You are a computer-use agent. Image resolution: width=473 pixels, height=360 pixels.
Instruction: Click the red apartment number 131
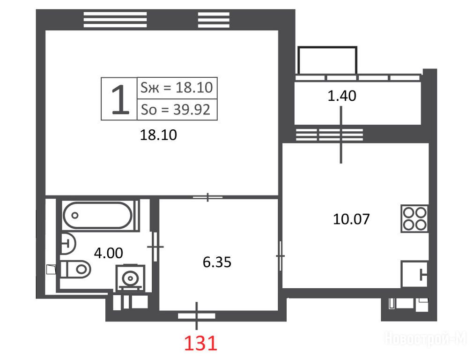pyautogui.click(x=200, y=344)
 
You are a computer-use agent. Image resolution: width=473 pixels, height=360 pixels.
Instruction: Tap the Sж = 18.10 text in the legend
pyautogui.click(x=177, y=88)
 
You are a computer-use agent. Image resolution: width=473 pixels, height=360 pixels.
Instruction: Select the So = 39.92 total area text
pyautogui.click(x=176, y=109)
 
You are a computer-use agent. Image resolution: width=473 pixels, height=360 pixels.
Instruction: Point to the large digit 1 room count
pyautogui.click(x=120, y=99)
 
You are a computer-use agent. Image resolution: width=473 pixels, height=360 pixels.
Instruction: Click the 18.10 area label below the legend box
pyautogui.click(x=158, y=135)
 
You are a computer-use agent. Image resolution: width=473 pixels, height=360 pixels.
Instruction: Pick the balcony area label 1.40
pyautogui.click(x=342, y=96)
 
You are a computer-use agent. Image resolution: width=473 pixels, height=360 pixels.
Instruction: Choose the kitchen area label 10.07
pyautogui.click(x=351, y=219)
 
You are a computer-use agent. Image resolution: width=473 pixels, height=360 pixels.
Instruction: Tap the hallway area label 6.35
pyautogui.click(x=217, y=262)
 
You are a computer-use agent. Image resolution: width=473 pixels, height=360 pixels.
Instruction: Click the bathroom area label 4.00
pyautogui.click(x=109, y=253)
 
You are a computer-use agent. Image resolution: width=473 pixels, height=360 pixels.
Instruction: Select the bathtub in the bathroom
pyautogui.click(x=97, y=215)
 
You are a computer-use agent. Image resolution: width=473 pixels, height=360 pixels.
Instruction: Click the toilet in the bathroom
pyautogui.click(x=75, y=269)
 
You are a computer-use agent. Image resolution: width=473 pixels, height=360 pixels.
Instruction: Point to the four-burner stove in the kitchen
pyautogui.click(x=414, y=218)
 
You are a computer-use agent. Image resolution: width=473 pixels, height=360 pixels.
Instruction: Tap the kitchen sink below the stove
pyautogui.click(x=415, y=274)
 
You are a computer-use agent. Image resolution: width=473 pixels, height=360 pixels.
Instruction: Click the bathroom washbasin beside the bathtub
pyautogui.click(x=68, y=243)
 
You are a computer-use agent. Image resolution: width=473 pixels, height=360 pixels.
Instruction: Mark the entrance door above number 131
pyautogui.click(x=197, y=316)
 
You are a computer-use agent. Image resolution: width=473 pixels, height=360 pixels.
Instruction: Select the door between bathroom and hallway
pyautogui.click(x=155, y=247)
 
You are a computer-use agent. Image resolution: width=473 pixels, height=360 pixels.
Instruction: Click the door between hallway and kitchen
pyautogui.click(x=281, y=256)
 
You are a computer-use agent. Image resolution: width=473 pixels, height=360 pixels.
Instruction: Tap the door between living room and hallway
pyautogui.click(x=208, y=197)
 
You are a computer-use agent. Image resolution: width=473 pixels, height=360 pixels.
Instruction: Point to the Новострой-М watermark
pyautogui.click(x=426, y=338)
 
